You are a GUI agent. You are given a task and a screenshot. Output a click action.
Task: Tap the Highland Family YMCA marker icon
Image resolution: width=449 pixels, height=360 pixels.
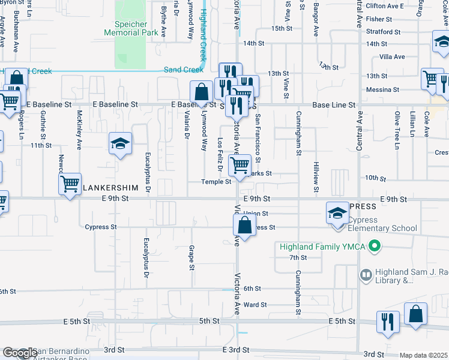tap(375, 246)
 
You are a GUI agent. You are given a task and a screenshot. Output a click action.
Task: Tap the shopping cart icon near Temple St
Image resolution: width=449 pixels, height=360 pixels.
tap(240, 164)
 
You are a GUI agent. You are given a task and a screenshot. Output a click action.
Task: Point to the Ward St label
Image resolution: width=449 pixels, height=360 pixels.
tap(255, 305)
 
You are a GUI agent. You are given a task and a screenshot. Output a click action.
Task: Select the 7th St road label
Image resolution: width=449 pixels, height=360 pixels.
tap(298, 257)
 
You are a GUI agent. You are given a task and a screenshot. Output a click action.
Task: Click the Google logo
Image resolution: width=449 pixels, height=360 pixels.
tap(20, 353)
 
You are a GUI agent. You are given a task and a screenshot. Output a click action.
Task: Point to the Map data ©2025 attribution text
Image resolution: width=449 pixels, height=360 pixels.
tap(423, 355)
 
